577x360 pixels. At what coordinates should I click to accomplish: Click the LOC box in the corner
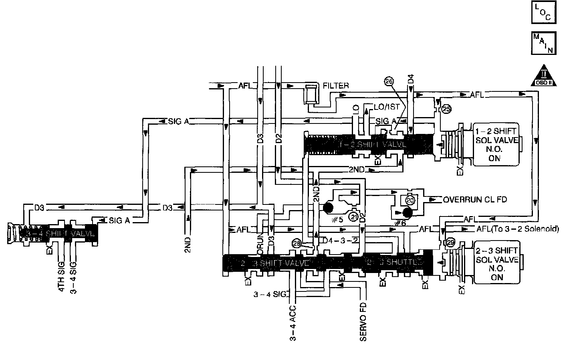(543, 13)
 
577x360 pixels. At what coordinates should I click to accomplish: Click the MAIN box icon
(543, 43)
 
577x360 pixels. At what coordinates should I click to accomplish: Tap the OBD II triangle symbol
(543, 75)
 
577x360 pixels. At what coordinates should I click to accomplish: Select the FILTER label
(336, 85)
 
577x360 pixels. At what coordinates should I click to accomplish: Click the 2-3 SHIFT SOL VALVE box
(496, 262)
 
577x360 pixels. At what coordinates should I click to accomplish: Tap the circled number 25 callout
(446, 109)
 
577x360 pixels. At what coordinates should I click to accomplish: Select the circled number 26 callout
(388, 81)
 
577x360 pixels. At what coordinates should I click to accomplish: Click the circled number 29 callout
(450, 243)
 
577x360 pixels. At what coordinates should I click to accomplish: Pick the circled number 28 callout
(297, 243)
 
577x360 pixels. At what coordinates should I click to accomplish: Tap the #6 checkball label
(399, 222)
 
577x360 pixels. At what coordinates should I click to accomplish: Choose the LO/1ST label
(386, 107)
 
